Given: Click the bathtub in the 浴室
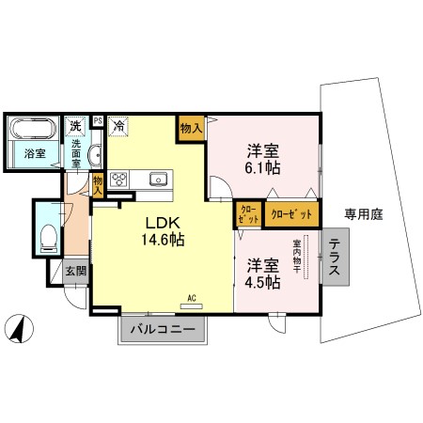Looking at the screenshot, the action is click(33, 129).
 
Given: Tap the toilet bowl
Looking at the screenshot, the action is click(49, 238).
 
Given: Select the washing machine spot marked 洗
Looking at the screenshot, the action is click(75, 126).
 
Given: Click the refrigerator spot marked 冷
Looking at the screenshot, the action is click(118, 126).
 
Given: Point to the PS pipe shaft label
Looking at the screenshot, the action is click(98, 120).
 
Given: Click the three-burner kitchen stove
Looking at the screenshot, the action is click(119, 180).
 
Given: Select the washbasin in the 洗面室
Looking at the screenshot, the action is click(95, 155).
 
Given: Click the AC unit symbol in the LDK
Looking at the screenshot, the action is click(192, 306).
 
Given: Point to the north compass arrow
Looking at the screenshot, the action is click(20, 328).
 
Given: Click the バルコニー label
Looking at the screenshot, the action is click(163, 330).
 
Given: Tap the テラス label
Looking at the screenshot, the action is click(335, 257).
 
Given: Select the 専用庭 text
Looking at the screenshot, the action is click(364, 214).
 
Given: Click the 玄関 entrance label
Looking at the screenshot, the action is click(76, 271).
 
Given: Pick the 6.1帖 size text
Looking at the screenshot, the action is click(262, 168).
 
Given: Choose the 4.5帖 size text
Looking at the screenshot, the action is click(262, 283).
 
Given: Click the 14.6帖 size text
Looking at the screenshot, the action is click(163, 240).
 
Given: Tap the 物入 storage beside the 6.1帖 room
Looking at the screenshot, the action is click(191, 128).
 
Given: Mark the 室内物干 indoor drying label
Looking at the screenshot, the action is click(297, 257).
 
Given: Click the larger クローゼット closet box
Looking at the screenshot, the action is click(291, 214).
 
